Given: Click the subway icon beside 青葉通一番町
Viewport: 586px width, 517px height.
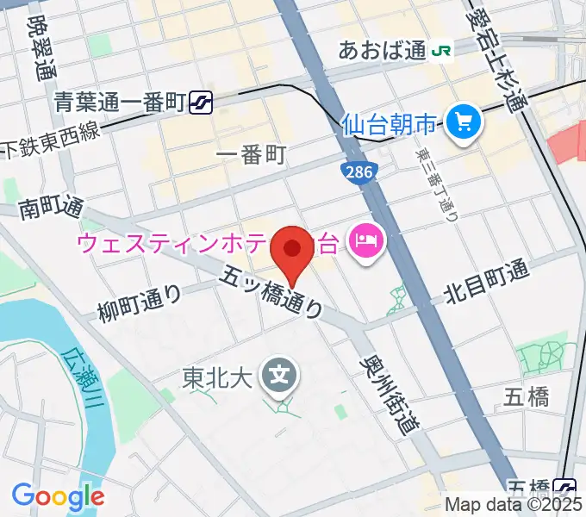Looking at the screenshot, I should click(x=203, y=103).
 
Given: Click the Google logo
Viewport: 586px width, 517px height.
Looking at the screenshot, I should click(x=58, y=496).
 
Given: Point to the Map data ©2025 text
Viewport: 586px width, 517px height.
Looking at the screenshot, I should click(x=514, y=506).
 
